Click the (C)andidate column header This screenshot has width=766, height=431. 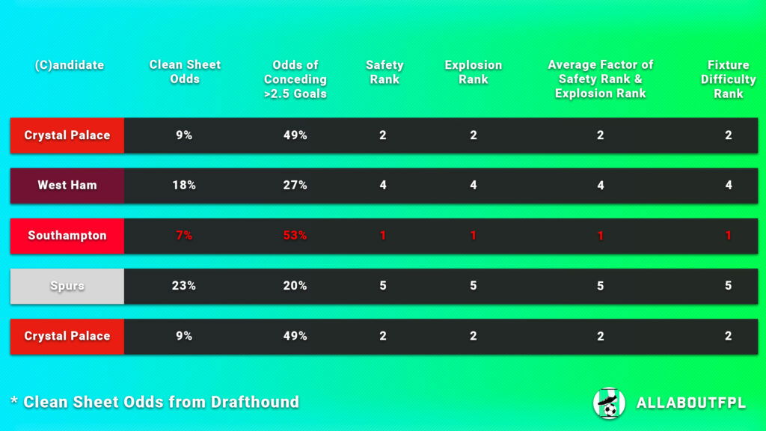[x=69, y=65]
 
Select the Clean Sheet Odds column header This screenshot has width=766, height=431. [x=185, y=72]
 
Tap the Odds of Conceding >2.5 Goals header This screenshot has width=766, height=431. [x=295, y=79]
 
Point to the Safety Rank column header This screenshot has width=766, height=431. [x=384, y=72]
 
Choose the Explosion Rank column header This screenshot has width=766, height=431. [x=473, y=72]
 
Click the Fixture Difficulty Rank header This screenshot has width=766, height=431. [x=728, y=79]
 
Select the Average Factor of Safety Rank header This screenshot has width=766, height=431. [x=600, y=79]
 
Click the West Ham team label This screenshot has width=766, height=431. [x=67, y=186]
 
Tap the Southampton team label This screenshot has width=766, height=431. [x=67, y=236]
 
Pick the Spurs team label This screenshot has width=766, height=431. [x=67, y=286]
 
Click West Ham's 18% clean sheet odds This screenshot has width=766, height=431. [x=184, y=186]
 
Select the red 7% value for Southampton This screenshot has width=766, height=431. [x=184, y=236]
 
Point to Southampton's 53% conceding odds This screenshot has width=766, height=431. [x=295, y=236]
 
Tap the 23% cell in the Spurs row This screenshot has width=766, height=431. [x=184, y=286]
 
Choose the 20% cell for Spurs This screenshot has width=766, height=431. [x=295, y=286]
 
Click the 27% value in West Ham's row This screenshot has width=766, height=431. [x=295, y=186]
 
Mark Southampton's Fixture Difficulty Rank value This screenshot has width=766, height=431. [x=728, y=236]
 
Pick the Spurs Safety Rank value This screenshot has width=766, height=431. [x=383, y=286]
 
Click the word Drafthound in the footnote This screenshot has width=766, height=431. [x=254, y=402]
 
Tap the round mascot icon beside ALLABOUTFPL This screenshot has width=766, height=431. [x=609, y=403]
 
